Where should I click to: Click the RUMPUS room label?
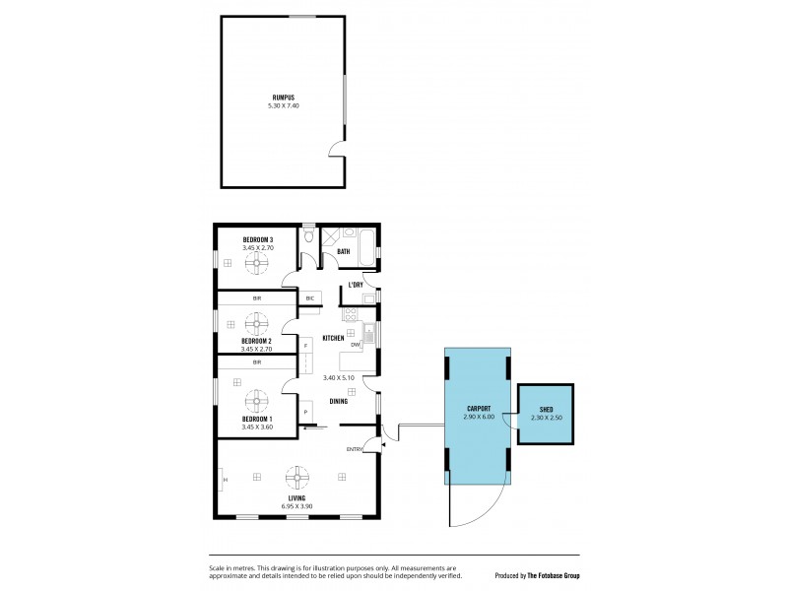284,97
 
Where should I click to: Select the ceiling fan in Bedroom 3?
257,262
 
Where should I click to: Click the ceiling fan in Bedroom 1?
257,400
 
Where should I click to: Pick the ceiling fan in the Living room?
295,478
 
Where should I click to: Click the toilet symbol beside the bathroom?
309,237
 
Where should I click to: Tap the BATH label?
343,252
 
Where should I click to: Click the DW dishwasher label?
355,345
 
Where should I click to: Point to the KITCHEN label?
333,338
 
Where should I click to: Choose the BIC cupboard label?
309,297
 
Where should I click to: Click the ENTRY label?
354,449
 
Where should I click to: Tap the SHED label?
546,409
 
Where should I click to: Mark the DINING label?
338,401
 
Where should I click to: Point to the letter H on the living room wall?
225,480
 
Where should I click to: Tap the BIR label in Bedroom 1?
256,361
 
